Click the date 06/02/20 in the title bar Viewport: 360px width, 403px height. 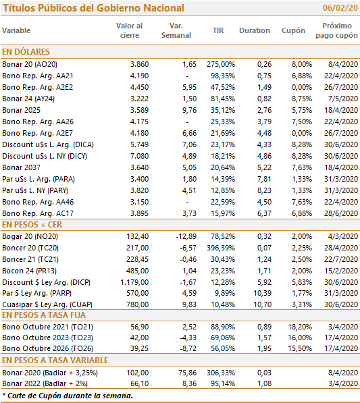pyautogui.click(x=340, y=8)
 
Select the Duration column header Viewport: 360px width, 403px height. pyautogui.click(x=255, y=30)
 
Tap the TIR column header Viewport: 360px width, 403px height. pyautogui.click(x=218, y=30)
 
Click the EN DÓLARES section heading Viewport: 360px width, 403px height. pyautogui.click(x=26, y=52)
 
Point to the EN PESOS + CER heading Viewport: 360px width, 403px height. pyautogui.click(x=32, y=225)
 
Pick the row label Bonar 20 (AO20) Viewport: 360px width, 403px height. pyautogui.click(x=30, y=64)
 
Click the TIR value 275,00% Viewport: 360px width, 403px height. pyautogui.click(x=221, y=64)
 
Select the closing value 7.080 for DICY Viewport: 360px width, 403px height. pyautogui.click(x=139, y=156)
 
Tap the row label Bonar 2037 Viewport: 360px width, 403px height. pyautogui.click(x=21, y=167)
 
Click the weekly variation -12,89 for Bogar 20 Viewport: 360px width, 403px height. pyautogui.click(x=186, y=236)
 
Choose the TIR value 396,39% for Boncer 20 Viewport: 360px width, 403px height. pyautogui.click(x=221, y=248)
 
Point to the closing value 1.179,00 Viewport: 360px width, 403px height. pyautogui.click(x=134, y=282)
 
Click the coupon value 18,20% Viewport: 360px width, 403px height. pyautogui.click(x=300, y=327)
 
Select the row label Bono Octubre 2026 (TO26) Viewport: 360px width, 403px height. pyautogui.click(x=47, y=348)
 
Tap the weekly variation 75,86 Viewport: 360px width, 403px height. pyautogui.click(x=188, y=373)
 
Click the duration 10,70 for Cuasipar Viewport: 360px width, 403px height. pyautogui.click(x=263, y=304)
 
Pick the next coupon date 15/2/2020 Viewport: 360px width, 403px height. pyautogui.click(x=341, y=271)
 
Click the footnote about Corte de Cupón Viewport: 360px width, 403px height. pyautogui.click(x=68, y=396)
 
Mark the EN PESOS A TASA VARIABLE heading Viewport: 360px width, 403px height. pyautogui.click(x=55, y=360)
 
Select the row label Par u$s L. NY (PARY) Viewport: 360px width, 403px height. pyautogui.click(x=35, y=190)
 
